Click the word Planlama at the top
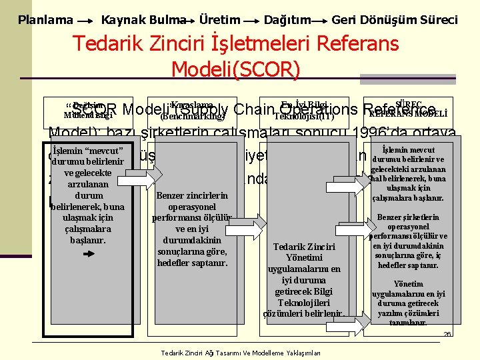(45, 20)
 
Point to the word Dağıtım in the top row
(287, 20)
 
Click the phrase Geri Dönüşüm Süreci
(395, 20)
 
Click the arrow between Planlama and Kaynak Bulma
(85, 21)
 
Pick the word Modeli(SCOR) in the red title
(236, 69)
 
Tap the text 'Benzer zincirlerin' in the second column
(191, 196)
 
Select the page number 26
(447, 334)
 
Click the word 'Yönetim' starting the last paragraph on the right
(408, 284)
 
